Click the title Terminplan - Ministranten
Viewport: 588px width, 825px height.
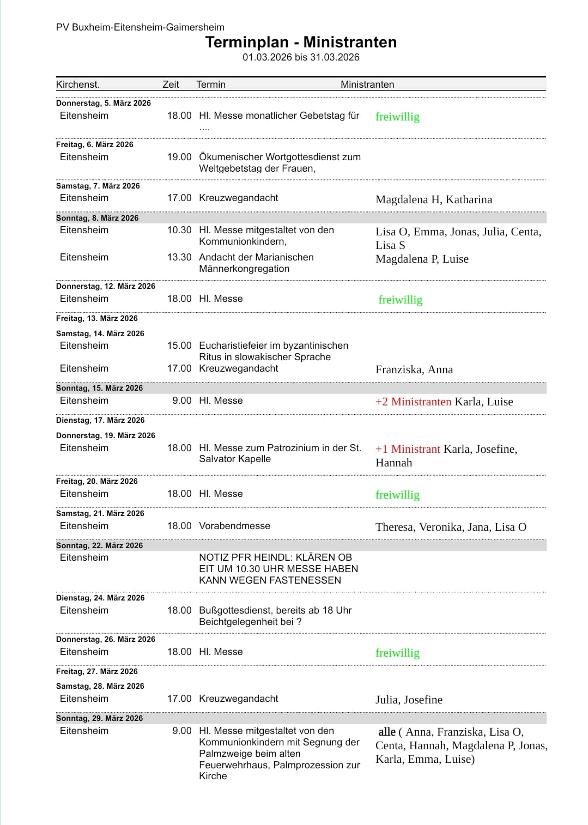pos(301,43)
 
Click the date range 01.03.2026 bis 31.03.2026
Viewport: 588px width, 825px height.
pos(301,57)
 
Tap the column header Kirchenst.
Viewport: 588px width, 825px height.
pos(78,84)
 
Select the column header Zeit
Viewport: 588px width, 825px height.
pos(171,84)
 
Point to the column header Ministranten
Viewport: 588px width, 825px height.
pos(367,84)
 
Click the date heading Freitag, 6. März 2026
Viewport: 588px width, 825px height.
pos(95,144)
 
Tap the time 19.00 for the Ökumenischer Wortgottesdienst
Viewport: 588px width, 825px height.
pos(179,157)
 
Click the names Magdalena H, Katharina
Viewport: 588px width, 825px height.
pos(434,199)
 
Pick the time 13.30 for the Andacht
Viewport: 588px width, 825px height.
pos(179,257)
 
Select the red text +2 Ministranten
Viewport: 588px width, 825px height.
pos(413,402)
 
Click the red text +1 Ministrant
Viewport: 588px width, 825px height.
pos(408,449)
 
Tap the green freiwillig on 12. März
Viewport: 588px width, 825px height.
pos(401,300)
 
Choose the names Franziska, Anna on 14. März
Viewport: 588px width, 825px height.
pos(414,369)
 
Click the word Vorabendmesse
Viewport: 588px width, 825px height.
pos(234,526)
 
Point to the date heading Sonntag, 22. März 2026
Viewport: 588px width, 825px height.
pos(99,545)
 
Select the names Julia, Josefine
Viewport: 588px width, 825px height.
pos(409,700)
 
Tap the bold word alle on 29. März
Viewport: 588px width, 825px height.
pos(387,732)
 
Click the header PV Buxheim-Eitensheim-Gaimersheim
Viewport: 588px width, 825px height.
pos(140,27)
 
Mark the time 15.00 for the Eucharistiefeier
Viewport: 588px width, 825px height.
pos(179,345)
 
